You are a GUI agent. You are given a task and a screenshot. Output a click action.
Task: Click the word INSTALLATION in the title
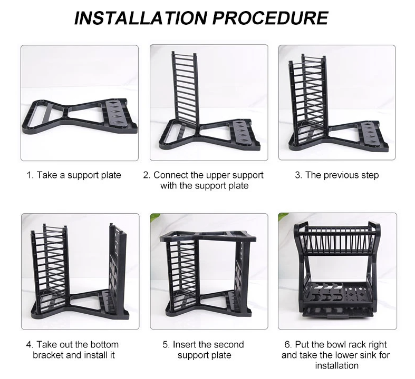click(x=141, y=18)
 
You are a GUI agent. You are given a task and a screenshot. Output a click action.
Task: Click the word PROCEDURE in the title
click(x=270, y=18)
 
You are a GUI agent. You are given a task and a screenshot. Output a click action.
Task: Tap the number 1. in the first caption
click(x=30, y=175)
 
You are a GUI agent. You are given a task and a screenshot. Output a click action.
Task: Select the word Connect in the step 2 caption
click(x=170, y=175)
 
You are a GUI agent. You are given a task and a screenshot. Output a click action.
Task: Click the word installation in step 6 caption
click(x=336, y=365)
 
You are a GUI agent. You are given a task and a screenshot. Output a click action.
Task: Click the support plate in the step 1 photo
click(x=80, y=116)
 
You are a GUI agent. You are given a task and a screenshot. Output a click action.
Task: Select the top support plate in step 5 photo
click(x=208, y=236)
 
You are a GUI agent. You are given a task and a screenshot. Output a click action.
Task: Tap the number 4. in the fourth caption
click(x=30, y=344)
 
